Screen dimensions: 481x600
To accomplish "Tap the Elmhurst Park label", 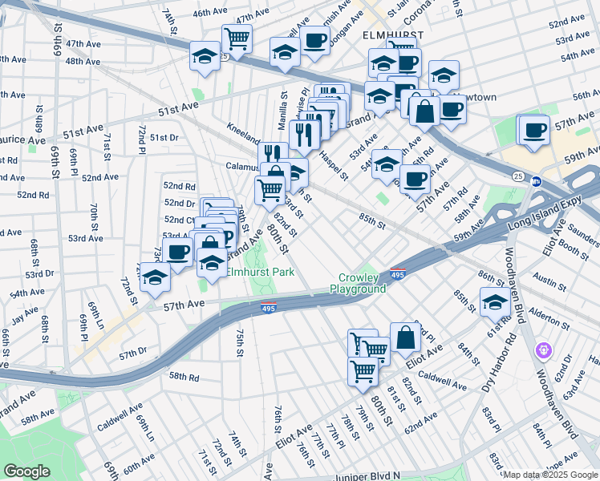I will click(x=260, y=272).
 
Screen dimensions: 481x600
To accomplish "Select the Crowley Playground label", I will click(x=358, y=283).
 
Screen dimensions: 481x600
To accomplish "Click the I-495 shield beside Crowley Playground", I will click(x=398, y=274).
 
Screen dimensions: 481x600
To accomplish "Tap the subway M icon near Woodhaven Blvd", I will click(x=537, y=181).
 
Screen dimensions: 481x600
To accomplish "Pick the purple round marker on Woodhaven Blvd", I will click(x=545, y=350).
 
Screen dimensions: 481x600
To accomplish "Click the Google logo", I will click(x=27, y=472).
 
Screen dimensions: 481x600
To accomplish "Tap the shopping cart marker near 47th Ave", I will click(x=237, y=38).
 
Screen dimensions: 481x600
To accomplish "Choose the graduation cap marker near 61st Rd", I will click(x=495, y=303).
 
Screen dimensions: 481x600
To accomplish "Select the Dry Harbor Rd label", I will click(x=498, y=361).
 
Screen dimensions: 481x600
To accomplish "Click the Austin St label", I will click(x=549, y=283).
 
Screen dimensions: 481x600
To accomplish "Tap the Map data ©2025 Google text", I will click(x=550, y=475).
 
